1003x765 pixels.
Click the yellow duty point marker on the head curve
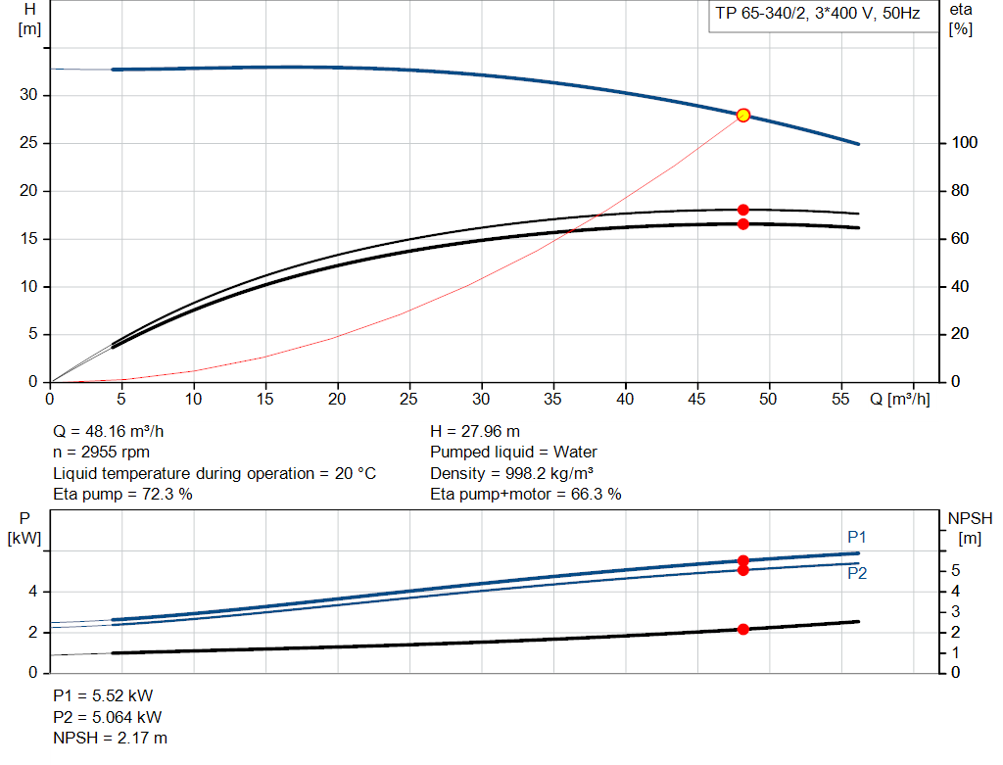point(742,115)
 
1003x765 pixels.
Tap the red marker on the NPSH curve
point(742,629)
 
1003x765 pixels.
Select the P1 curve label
point(857,537)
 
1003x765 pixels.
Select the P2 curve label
point(857,574)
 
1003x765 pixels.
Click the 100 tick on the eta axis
point(964,143)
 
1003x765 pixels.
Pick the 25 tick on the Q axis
point(409,400)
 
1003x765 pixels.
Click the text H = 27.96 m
point(475,431)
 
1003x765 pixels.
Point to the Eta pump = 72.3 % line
point(122,494)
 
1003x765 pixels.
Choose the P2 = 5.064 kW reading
point(108,717)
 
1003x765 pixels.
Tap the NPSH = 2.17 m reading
point(110,738)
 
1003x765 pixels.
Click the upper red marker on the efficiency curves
point(742,210)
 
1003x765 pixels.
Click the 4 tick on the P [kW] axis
point(33,592)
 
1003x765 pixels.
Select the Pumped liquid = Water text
point(513,452)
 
